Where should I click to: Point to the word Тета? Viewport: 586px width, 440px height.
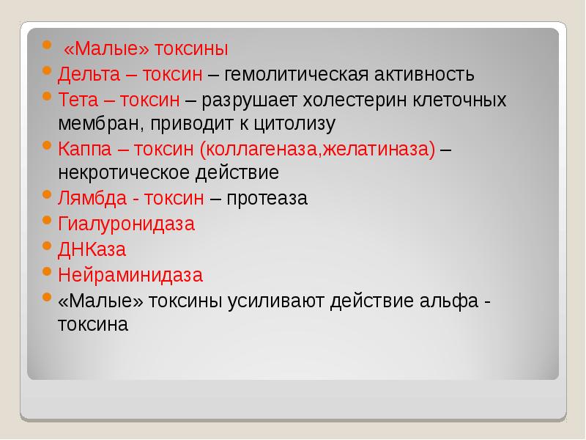tap(76, 99)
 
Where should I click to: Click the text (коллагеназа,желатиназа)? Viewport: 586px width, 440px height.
tap(316, 149)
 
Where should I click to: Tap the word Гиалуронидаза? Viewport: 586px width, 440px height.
tap(126, 224)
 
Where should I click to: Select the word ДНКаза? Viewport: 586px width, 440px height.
tap(92, 249)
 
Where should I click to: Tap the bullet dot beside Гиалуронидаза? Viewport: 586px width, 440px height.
tap(47, 221)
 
